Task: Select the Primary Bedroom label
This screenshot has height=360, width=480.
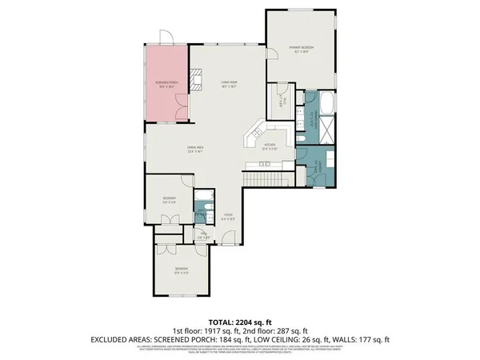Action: click(x=302, y=50)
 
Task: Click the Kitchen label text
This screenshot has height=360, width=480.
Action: click(x=270, y=146)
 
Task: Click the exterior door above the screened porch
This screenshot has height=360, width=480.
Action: click(x=166, y=38)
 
